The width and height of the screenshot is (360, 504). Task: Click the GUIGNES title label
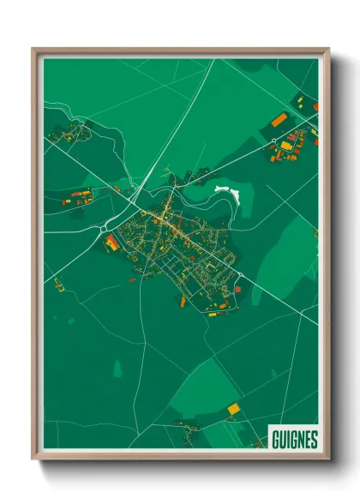[x=294, y=440]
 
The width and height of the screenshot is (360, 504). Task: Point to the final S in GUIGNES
[x=313, y=440]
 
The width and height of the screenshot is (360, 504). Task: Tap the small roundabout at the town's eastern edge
[x=240, y=274]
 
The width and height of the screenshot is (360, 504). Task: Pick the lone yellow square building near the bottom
[x=233, y=410]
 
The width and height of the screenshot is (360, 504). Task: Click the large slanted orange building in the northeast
[x=279, y=119]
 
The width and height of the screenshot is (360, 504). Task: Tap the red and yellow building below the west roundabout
[x=112, y=243]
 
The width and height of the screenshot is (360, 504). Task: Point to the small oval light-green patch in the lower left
[x=117, y=368]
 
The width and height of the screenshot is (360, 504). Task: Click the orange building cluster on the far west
[x=77, y=198]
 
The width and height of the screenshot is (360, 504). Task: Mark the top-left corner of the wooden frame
[x=33, y=50]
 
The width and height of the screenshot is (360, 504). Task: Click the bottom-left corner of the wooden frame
[x=33, y=459]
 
